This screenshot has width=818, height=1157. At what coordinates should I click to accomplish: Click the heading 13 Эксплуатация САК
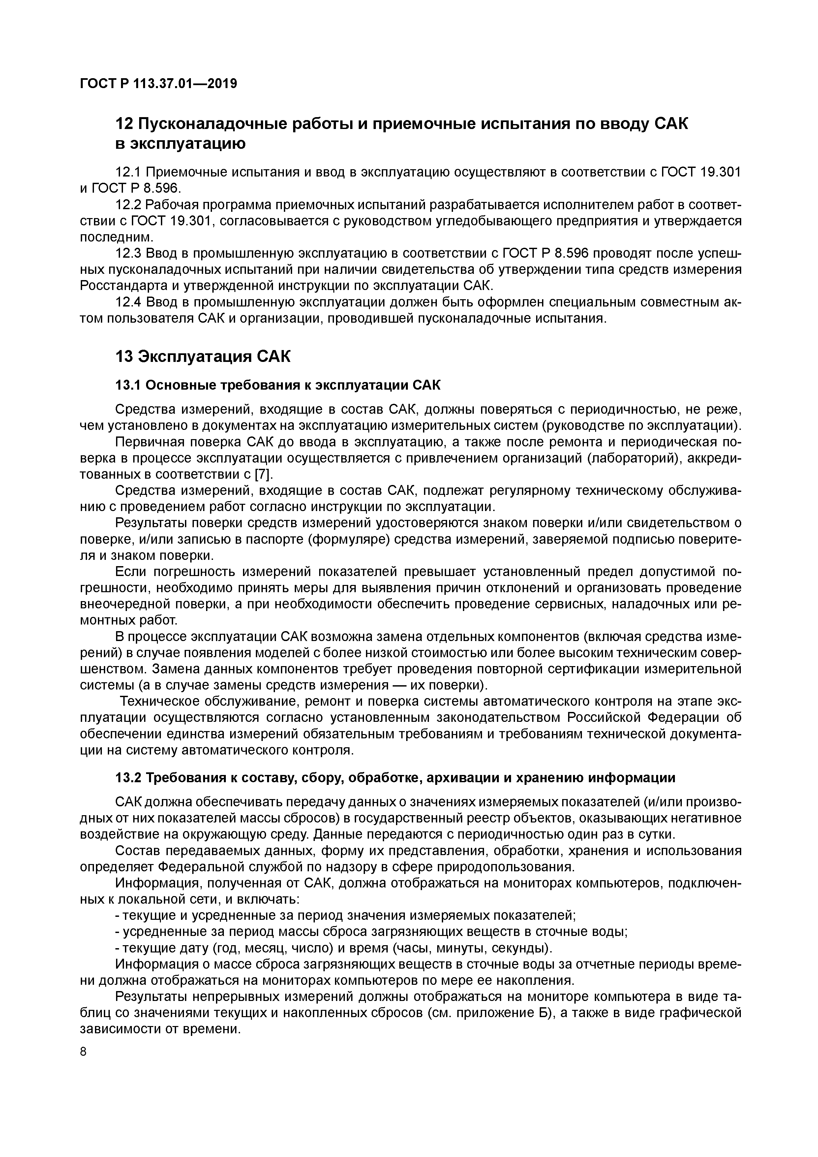point(203,356)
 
